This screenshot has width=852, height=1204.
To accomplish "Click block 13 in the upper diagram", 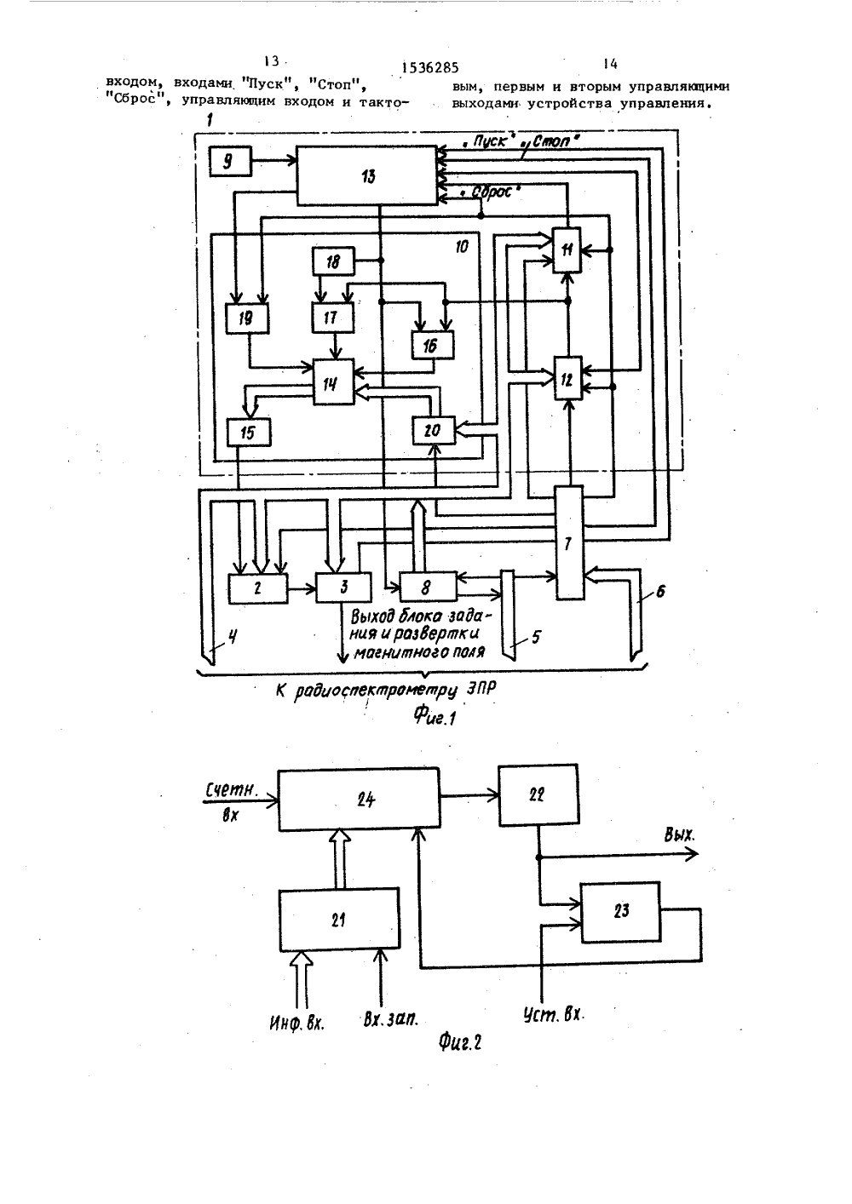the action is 367,175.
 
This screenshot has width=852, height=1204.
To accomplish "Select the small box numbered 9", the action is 230,161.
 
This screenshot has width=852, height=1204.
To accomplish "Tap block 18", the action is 333,261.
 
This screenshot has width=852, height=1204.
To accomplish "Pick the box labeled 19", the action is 247,318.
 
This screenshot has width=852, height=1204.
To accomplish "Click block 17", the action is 333,318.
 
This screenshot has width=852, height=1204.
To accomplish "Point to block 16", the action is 433,345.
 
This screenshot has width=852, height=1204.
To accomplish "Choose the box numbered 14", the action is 333,381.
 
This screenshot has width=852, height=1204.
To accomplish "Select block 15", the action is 249,433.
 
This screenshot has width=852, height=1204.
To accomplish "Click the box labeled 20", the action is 434,430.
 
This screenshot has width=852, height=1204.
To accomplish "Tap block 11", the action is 567,249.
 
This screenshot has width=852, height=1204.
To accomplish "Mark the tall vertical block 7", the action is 569,542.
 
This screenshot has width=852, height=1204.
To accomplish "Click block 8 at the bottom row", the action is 429,587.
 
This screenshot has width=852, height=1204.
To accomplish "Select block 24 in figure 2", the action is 359,800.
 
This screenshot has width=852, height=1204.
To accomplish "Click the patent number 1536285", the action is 429,67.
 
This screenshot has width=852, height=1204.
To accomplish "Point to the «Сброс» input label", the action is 491,192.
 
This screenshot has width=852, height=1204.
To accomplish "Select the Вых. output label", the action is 679,834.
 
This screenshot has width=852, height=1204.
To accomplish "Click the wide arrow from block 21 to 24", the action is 340,858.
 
